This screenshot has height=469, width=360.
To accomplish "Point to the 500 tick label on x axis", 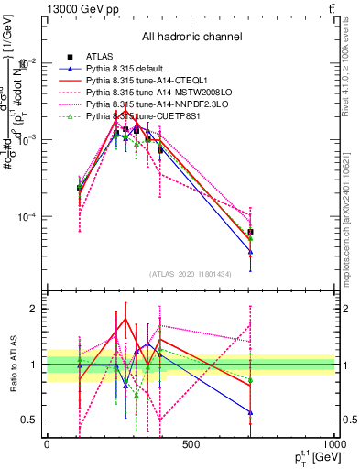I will pyautogui.click(x=191, y=445).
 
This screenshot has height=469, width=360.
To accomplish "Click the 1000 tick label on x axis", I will pyautogui.click(x=332, y=445).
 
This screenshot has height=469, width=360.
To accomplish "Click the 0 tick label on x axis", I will pyautogui.click(x=47, y=445).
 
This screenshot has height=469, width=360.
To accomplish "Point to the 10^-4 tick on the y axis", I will pyautogui.click(x=27, y=217).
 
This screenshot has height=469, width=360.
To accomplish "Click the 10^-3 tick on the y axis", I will pyautogui.click(x=27, y=140).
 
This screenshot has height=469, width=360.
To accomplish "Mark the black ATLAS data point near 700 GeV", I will pyautogui.click(x=250, y=232).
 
